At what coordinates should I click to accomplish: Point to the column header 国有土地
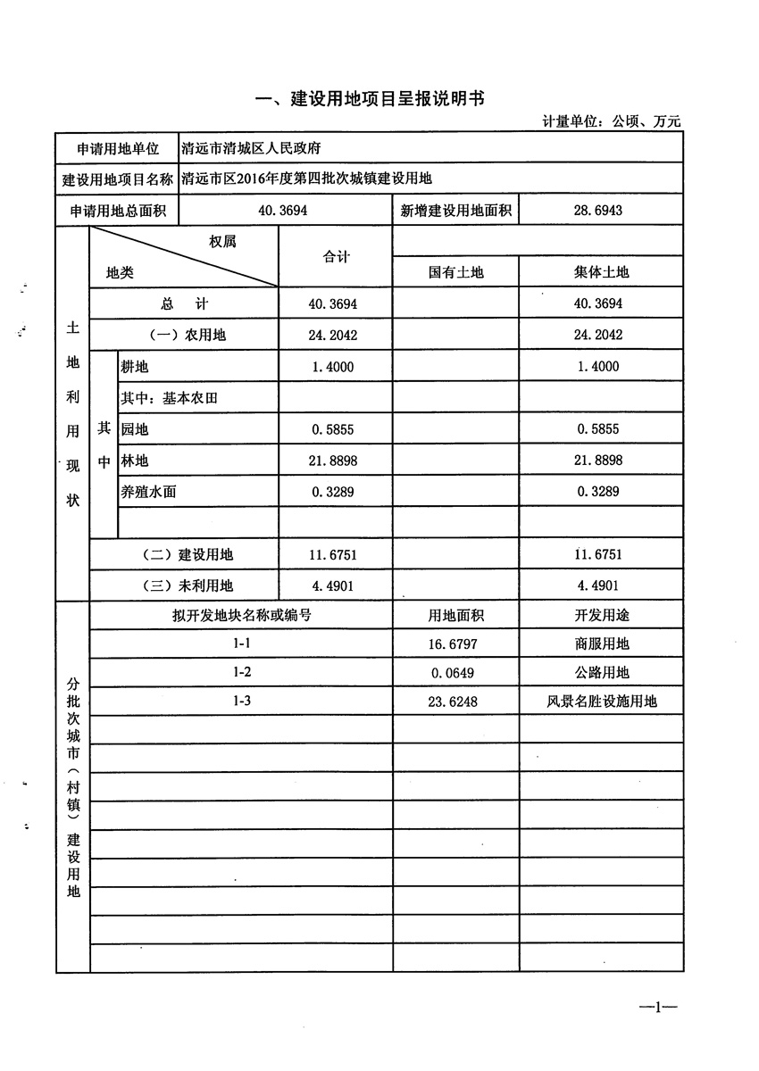tap(455, 272)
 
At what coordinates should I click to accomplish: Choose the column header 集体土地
tap(600, 272)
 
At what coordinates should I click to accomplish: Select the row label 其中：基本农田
tap(169, 398)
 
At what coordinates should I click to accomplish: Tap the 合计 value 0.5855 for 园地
tap(335, 429)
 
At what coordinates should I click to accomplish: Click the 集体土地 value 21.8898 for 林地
tap(600, 461)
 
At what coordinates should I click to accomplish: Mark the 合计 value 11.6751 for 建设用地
tap(335, 554)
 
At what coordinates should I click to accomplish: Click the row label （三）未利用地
tap(188, 585)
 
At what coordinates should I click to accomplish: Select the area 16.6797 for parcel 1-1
tap(455, 643)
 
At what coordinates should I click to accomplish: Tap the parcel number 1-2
tap(241, 672)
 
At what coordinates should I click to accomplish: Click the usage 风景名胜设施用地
tap(600, 702)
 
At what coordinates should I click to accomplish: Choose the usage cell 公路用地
tap(600, 672)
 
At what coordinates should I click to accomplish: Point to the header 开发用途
tap(600, 616)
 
